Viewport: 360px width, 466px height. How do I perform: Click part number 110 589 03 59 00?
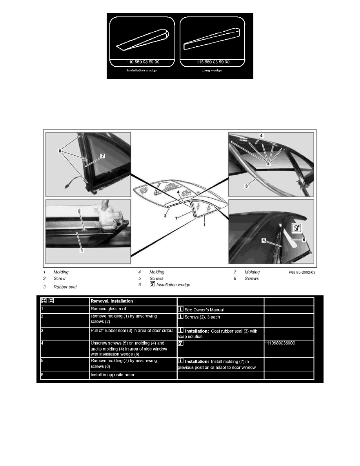tap(143, 62)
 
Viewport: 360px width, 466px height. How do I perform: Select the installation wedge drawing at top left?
tap(144, 39)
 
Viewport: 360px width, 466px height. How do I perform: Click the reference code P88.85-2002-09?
tap(302, 272)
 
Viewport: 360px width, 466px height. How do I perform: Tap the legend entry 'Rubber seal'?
tap(65, 287)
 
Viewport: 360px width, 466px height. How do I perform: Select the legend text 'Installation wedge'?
tap(173, 285)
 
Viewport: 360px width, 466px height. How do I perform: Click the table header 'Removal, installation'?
tap(112, 302)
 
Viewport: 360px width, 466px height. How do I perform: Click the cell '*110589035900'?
tap(282, 344)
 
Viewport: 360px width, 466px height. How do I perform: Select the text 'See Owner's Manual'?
tap(204, 309)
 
